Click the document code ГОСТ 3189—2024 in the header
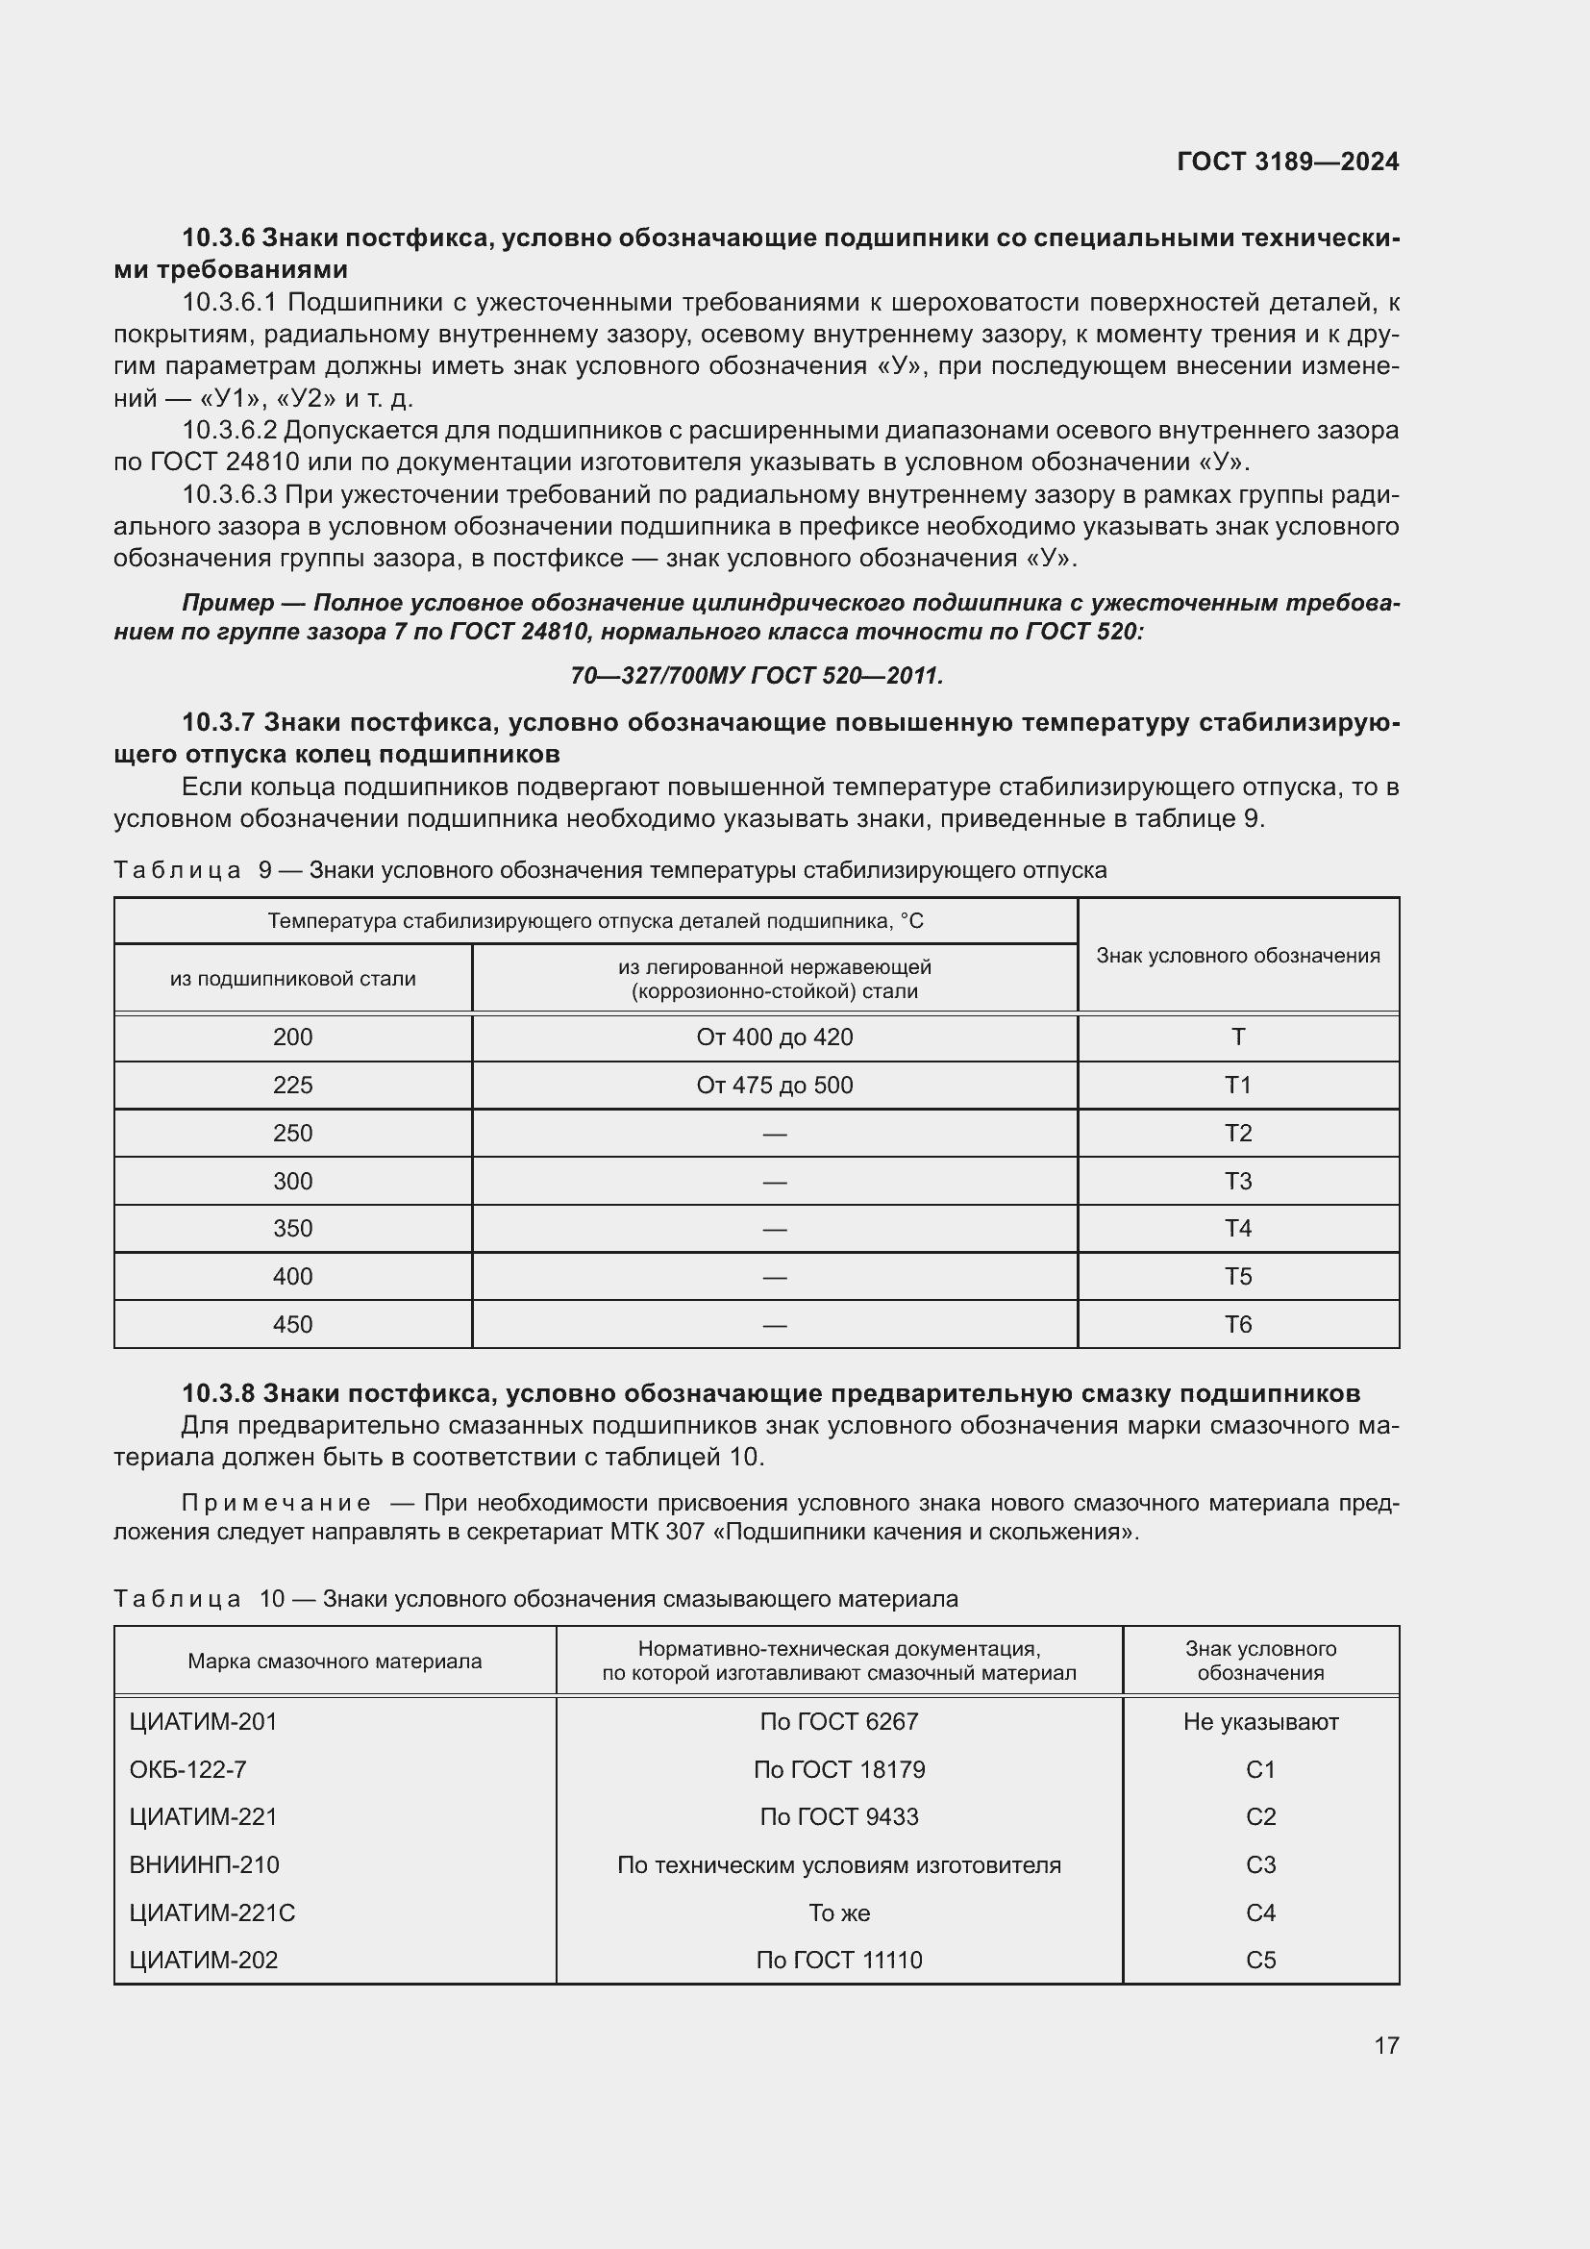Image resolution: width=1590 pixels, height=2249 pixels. pos(1286,162)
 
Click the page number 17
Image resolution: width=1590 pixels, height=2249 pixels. pos(1385,2045)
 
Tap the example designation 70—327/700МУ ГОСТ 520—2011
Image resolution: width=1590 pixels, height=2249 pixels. pos(756,676)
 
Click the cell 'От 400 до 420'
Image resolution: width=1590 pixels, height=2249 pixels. pos(774,1037)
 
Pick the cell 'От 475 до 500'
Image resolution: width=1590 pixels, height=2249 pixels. pos(774,1086)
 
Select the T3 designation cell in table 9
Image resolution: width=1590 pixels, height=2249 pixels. pos(1237,1182)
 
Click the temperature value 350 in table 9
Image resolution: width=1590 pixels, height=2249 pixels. pos(292,1228)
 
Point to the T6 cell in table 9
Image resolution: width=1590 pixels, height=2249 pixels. pos(1237,1324)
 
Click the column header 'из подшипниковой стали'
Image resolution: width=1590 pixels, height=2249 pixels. pos(292,979)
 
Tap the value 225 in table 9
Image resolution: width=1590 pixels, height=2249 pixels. pos(292,1086)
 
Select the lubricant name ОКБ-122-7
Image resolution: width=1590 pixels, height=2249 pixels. pos(188,1769)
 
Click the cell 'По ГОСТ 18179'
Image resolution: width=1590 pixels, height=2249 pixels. pos(838,1769)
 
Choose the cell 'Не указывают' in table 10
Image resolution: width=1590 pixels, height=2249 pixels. pos(1260,1721)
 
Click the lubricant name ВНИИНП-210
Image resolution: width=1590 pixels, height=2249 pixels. pos(204,1864)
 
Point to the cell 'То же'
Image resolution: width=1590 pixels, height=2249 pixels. pos(838,1912)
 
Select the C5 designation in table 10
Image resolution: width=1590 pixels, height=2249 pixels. pos(1260,1960)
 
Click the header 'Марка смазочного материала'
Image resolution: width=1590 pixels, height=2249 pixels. pos(334,1661)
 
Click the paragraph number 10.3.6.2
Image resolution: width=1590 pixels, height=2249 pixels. pos(229,430)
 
